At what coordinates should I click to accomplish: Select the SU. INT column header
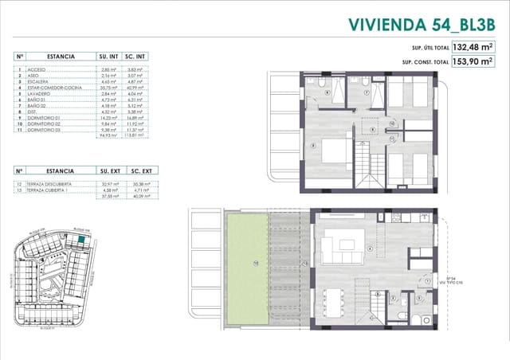coord(108,57)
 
